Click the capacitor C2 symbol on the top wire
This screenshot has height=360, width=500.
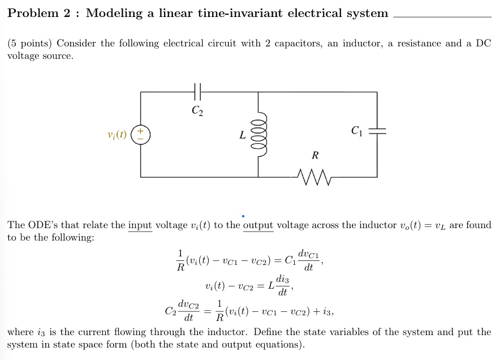(x=197, y=90)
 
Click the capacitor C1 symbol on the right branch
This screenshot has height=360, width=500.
(x=377, y=131)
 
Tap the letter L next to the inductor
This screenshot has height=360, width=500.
(x=242, y=135)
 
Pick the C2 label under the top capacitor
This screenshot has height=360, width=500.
(x=196, y=110)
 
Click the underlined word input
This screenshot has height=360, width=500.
(x=140, y=225)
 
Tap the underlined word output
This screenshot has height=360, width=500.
(x=258, y=225)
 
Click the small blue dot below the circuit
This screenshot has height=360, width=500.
(x=243, y=215)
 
